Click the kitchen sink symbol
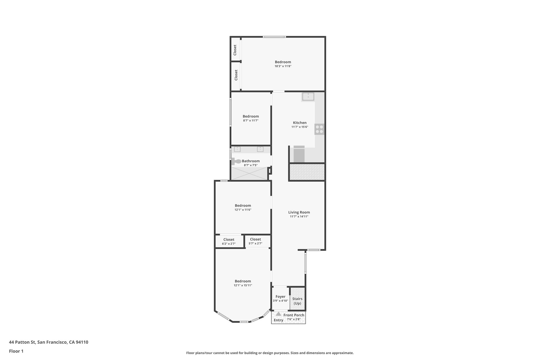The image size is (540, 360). tap(308, 97)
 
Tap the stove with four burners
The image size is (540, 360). tap(319, 129)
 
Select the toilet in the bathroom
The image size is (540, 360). tap(237, 161)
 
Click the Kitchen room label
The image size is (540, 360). tap(300, 123)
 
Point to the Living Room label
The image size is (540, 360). tap(299, 212)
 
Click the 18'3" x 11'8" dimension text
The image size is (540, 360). tap(283, 66)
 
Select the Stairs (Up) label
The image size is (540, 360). tap(297, 301)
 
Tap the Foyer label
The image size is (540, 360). tap(280, 297)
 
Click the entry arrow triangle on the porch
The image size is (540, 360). tap(278, 314)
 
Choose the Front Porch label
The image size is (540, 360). tap(294, 315)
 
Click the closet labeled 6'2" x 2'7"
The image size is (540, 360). tap(229, 241)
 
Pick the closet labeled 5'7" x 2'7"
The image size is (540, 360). tap(255, 241)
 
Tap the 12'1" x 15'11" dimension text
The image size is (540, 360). tap(243, 285)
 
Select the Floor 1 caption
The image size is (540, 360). tap(16, 351)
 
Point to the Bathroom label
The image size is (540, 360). tap(251, 161)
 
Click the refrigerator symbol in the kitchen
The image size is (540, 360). tap(299, 155)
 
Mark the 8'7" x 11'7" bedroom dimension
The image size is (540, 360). tap(251, 121)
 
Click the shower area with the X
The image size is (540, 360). tap(249, 174)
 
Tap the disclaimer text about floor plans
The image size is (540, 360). tap(270, 353)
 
